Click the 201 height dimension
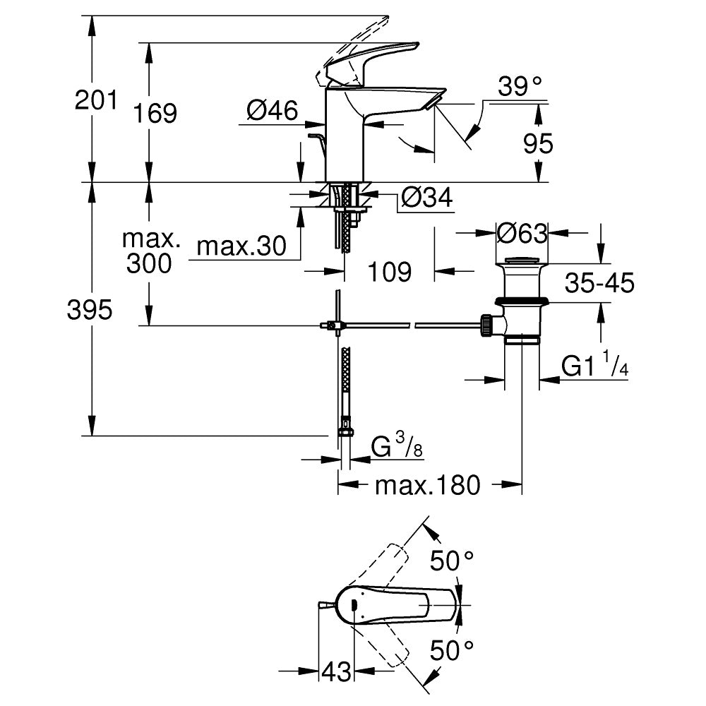click(96, 100)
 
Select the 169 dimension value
click(155, 113)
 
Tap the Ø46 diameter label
click(273, 110)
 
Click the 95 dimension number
click(538, 143)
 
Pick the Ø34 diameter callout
click(426, 197)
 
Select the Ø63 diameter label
click(522, 233)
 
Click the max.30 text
click(241, 246)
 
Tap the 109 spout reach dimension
click(390, 272)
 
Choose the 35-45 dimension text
click(599, 283)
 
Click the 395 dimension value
click(90, 310)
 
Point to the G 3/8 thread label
click(397, 445)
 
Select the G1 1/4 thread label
click(594, 365)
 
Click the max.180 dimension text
click(428, 485)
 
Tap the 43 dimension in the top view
click(336, 672)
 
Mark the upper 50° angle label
click(452, 561)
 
